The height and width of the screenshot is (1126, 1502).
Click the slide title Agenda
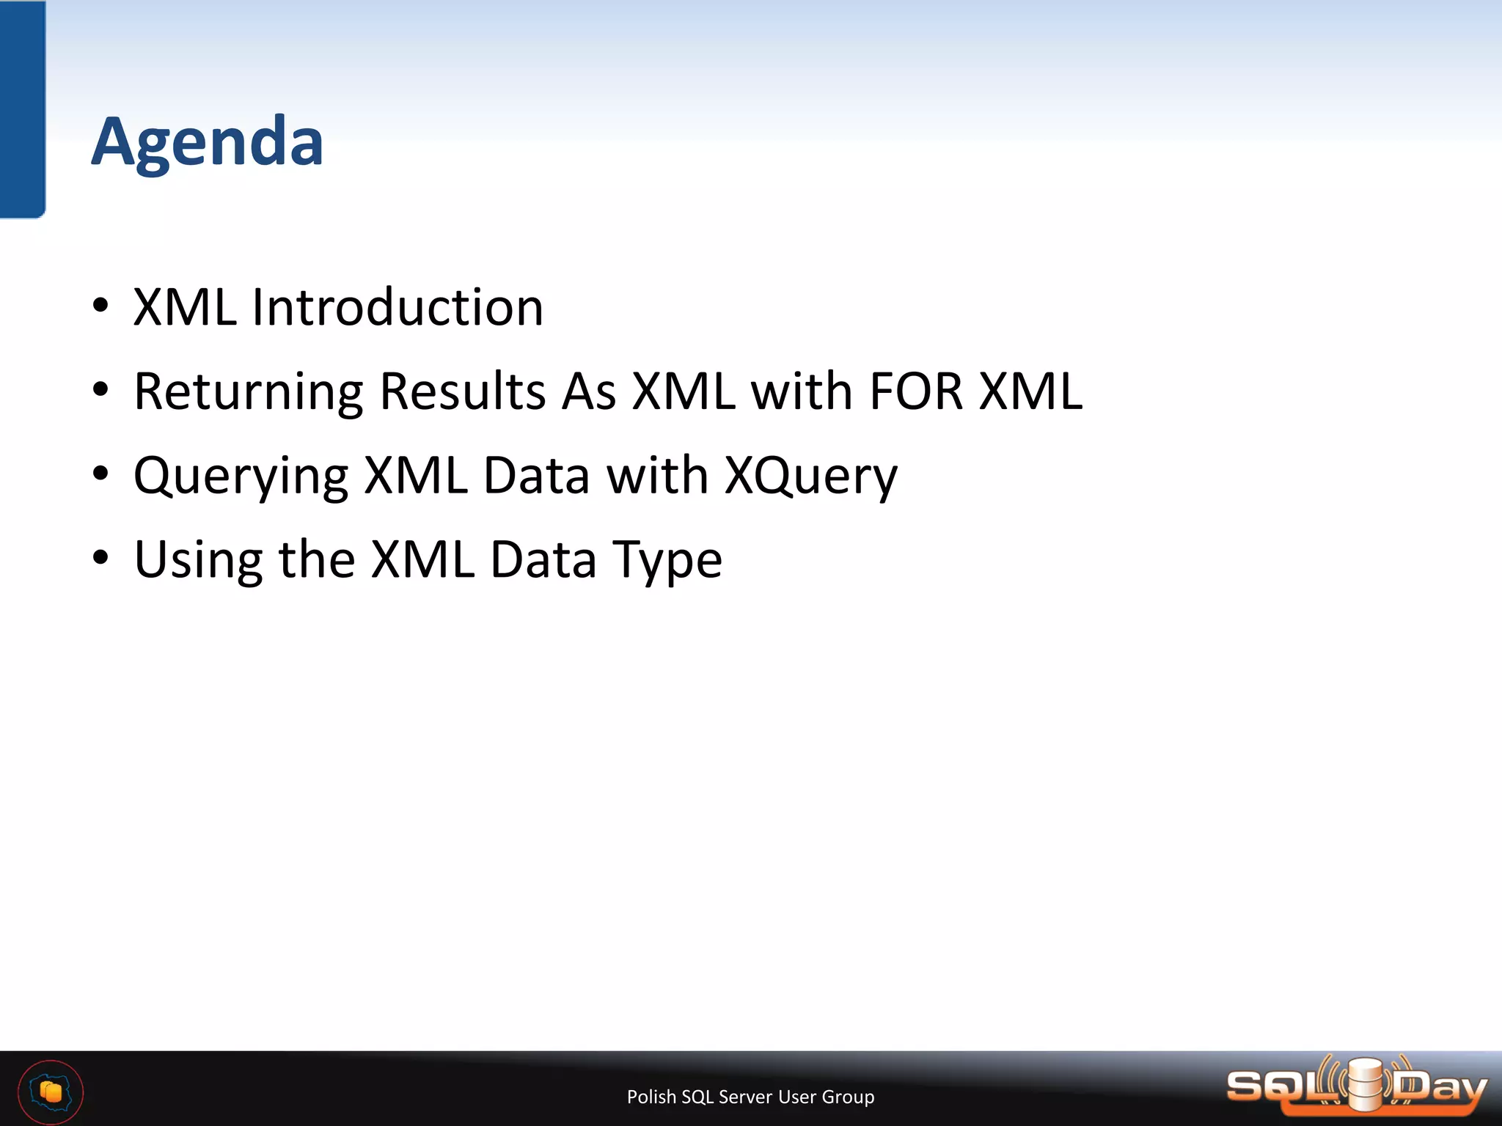click(208, 142)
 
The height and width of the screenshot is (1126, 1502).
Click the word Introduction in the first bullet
click(398, 307)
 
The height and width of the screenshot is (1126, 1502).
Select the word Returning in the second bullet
click(249, 392)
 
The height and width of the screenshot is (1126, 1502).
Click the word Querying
click(241, 476)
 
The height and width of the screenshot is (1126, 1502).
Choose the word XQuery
click(810, 476)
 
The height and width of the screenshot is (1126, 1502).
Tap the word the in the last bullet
click(317, 559)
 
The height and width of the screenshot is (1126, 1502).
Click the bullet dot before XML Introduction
click(101, 306)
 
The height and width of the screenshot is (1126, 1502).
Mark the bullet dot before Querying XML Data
click(101, 474)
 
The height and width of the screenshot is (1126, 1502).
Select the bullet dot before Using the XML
click(101, 558)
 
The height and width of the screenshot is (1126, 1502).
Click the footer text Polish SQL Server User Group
click(750, 1097)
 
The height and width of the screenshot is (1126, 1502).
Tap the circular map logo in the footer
click(51, 1092)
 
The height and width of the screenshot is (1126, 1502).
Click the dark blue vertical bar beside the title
click(23, 108)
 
